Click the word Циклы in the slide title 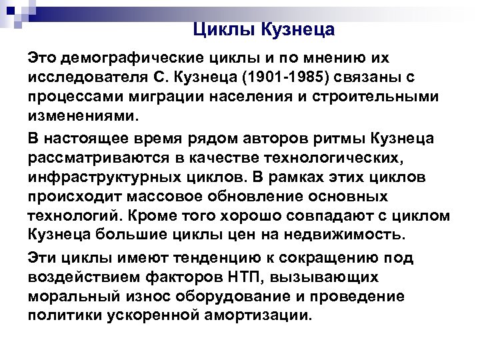[x=221, y=29]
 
